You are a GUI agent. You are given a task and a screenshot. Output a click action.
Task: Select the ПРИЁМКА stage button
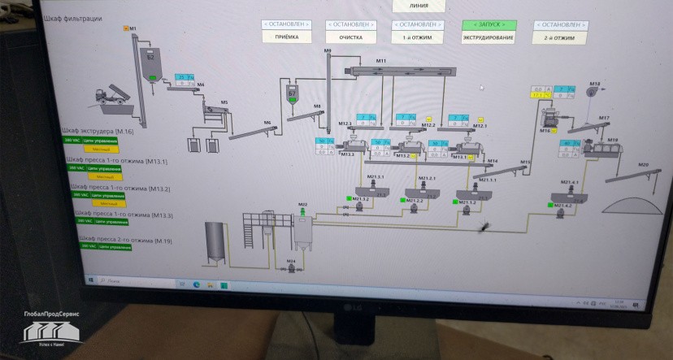pos(288,37)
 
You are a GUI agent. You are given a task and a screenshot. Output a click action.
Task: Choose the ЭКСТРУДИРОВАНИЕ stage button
pos(488,37)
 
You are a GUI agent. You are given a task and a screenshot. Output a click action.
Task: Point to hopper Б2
pos(150,63)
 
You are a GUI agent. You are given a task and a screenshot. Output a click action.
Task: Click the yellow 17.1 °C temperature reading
pos(536,96)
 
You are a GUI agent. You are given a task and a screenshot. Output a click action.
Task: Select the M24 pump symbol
pos(292,267)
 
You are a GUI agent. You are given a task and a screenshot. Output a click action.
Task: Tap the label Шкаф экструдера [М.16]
pos(98,132)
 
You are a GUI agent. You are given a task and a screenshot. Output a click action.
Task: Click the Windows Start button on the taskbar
pos(92,280)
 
